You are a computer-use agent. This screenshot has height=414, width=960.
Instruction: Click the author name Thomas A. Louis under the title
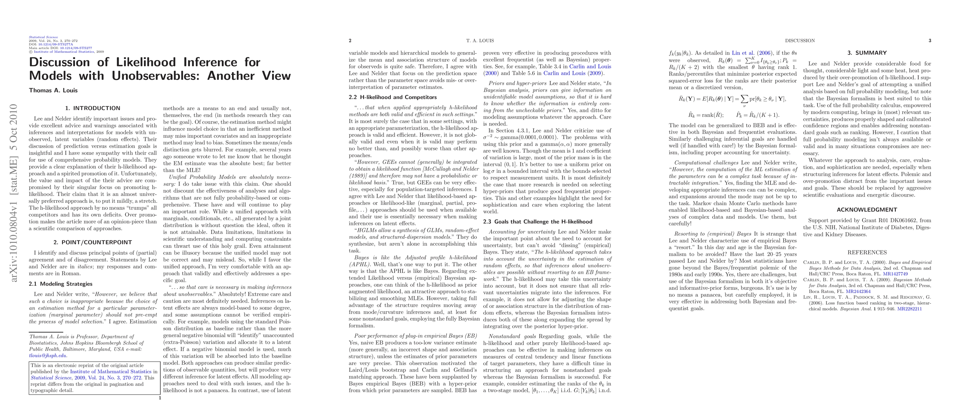53,90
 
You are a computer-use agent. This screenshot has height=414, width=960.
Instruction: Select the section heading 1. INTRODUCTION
93,108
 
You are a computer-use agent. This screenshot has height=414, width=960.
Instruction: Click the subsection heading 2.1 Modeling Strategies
60,284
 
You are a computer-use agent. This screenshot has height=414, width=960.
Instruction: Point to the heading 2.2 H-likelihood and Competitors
393,98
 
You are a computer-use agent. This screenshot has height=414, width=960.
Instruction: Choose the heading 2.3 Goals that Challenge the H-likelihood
537,222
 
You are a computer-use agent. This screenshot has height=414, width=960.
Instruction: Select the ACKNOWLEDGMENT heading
867,210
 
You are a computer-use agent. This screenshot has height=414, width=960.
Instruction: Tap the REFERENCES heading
867,253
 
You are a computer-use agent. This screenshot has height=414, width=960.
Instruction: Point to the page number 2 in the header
350,41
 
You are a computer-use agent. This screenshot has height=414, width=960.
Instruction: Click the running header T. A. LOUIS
479,41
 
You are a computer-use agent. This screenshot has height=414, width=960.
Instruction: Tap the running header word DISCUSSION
800,41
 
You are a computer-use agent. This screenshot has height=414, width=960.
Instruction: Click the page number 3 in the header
930,41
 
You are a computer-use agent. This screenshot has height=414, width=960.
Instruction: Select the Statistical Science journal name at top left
43,37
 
